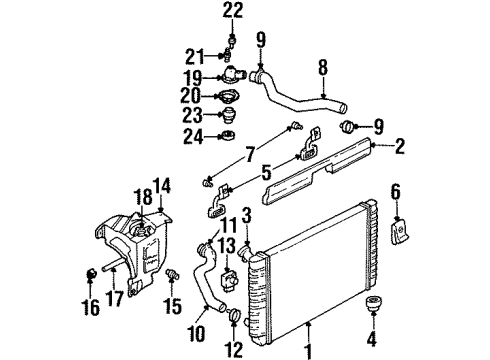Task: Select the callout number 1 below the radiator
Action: [x=310, y=352]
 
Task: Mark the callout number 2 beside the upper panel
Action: [x=400, y=147]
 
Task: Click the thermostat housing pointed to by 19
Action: [x=236, y=76]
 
